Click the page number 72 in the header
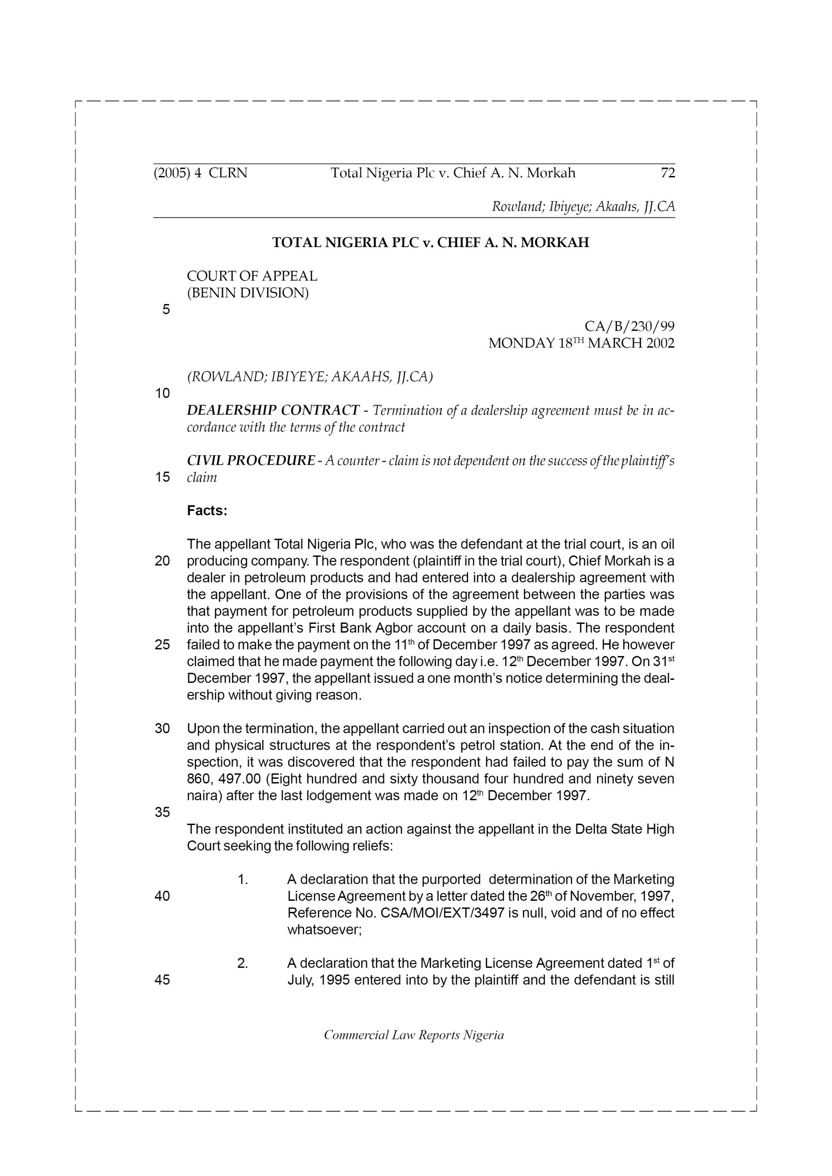point(667,173)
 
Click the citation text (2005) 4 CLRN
point(200,173)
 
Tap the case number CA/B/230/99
point(629,326)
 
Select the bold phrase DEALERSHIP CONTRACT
point(273,410)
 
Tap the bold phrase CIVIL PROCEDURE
point(251,460)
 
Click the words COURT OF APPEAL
point(252,276)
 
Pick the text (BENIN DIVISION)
point(248,293)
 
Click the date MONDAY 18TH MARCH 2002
point(581,343)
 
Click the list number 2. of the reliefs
point(243,963)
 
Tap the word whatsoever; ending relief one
point(325,930)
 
